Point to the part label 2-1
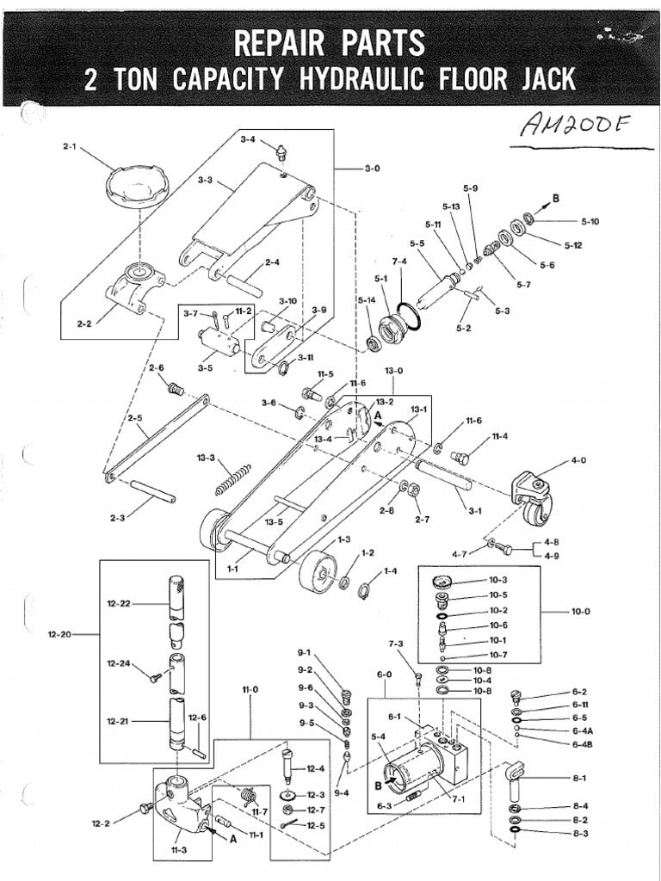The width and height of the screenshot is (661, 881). (x=70, y=146)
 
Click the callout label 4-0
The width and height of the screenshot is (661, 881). (x=578, y=461)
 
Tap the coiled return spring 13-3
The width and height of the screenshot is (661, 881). (x=232, y=479)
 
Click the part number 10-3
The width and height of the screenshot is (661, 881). (x=498, y=580)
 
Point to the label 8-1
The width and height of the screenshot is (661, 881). (x=579, y=778)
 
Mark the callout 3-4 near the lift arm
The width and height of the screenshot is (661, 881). (x=249, y=139)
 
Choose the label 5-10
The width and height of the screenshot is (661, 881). (x=590, y=221)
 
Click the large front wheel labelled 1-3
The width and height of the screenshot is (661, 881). (x=318, y=570)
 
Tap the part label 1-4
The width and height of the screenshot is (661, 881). (x=390, y=570)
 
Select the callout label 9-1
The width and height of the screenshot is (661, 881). (x=305, y=652)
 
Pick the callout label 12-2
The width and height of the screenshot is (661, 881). (x=102, y=822)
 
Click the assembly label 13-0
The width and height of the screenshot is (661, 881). (x=393, y=371)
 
